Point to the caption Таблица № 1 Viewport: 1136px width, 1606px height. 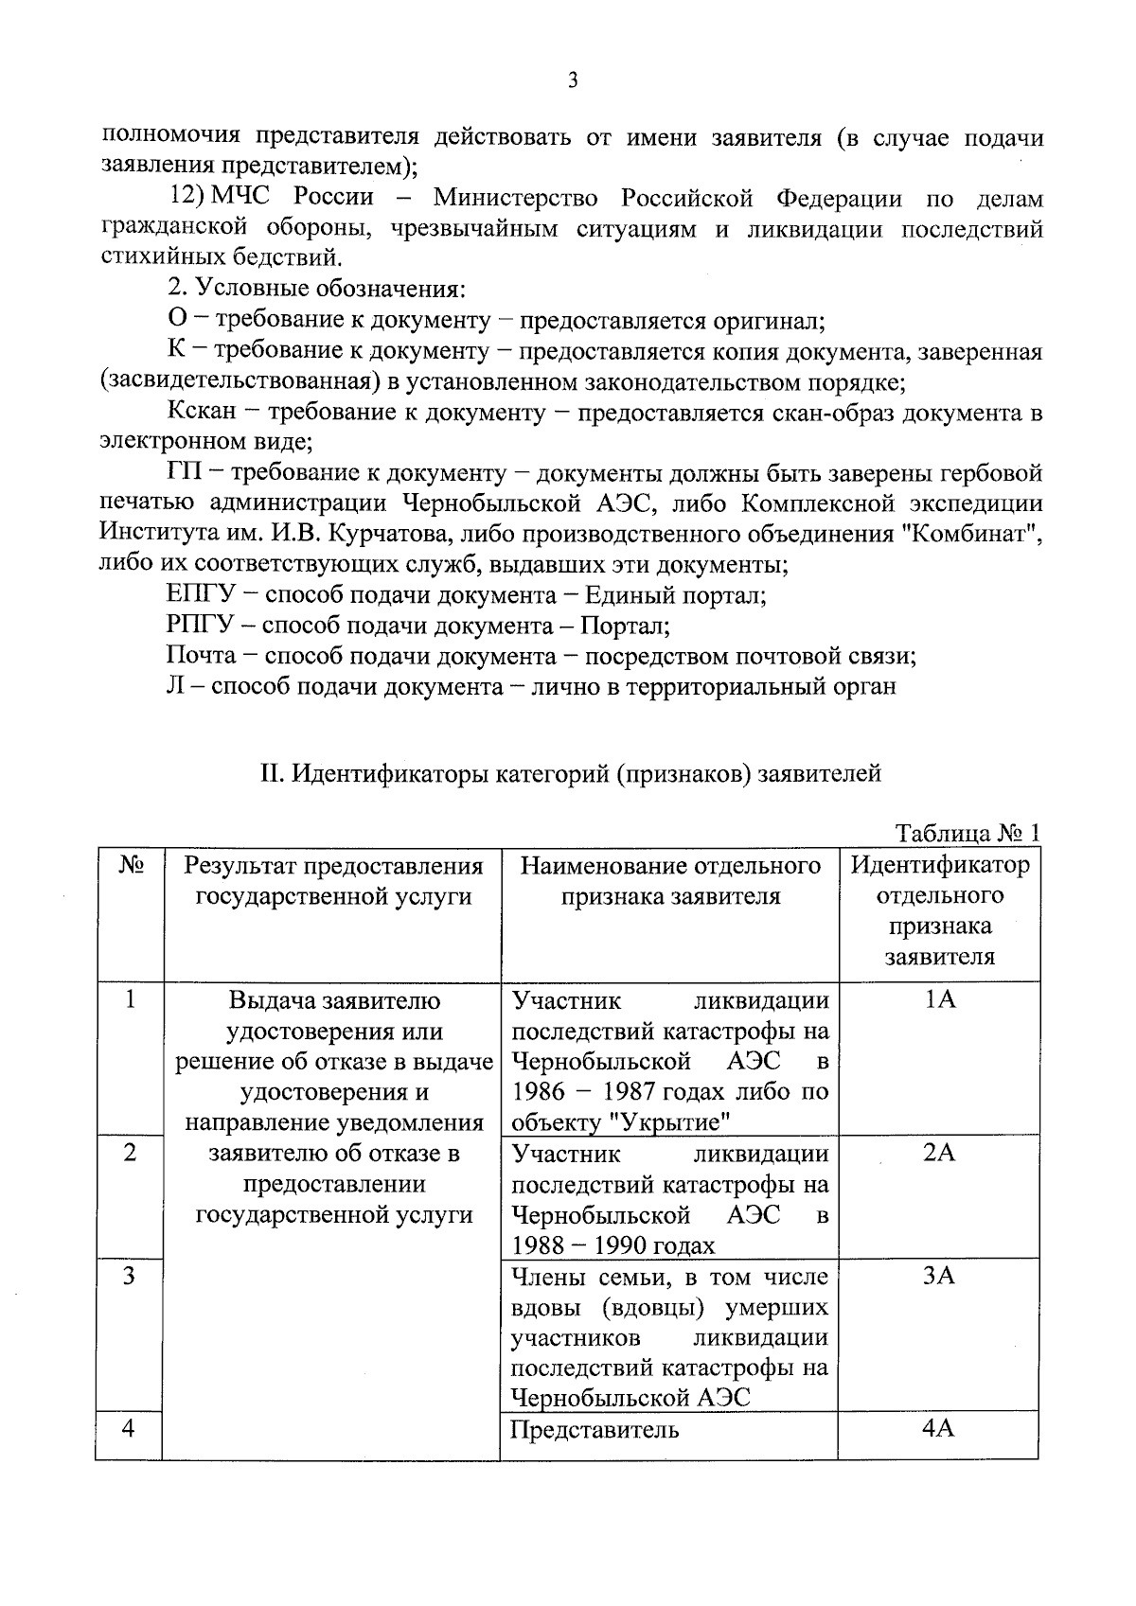pos(967,833)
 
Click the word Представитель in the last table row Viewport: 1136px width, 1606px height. pos(595,1429)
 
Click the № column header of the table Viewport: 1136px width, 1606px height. pos(131,866)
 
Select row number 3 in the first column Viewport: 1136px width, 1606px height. pos(130,1276)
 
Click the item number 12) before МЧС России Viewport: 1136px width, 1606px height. pos(187,198)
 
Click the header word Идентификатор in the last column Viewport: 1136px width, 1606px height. pos(939,865)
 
